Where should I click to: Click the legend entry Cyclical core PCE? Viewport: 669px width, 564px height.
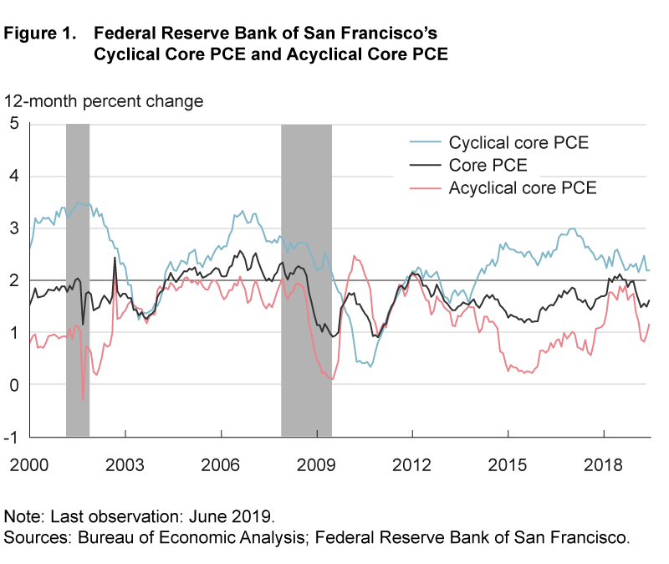pos(518,142)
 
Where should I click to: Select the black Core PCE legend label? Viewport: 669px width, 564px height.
pos(488,165)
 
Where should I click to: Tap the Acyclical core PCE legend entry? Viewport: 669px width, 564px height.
pos(522,187)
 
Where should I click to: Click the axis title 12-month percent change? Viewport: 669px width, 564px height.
pos(105,101)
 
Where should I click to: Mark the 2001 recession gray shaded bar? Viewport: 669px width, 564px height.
pos(78,279)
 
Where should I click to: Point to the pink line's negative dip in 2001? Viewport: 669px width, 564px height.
pos(83,398)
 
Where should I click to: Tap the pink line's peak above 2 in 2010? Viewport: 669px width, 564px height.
pos(355,256)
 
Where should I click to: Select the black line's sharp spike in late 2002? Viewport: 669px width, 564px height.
pos(115,259)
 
